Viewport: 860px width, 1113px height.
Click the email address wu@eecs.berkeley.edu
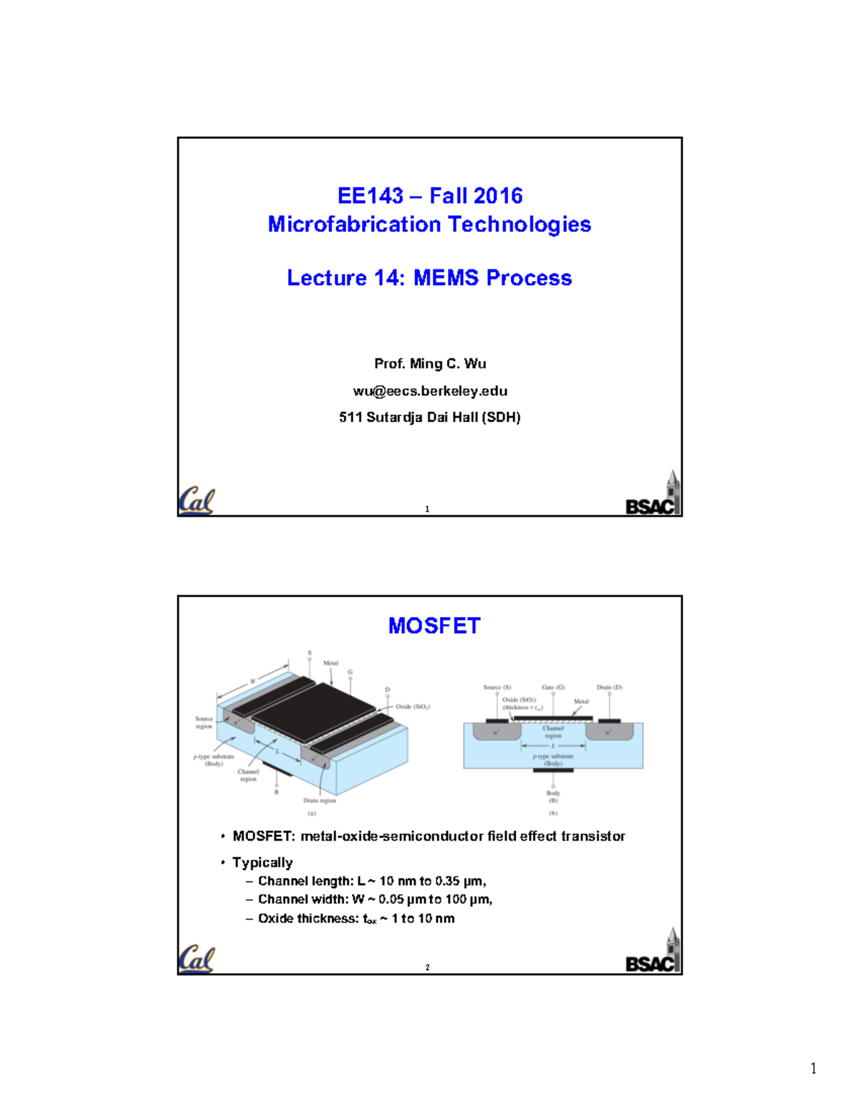click(430, 391)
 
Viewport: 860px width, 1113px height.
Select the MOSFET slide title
click(434, 626)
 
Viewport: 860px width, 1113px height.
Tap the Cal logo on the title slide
click(196, 501)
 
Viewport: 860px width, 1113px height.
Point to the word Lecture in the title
click(327, 278)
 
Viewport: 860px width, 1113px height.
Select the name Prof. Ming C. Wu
click(430, 363)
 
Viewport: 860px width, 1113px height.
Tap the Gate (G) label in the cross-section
click(553, 687)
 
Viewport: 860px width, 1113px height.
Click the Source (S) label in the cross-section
click(497, 687)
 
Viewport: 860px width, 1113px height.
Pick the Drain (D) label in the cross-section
click(609, 687)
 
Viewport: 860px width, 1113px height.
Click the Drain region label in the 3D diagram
click(319, 801)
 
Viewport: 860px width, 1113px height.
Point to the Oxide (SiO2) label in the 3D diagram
click(412, 707)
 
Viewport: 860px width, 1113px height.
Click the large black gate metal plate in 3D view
click(315, 712)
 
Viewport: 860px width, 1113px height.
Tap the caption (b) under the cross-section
click(553, 813)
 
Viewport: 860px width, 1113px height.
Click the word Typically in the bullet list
click(262, 862)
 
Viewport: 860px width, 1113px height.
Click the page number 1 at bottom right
click(813, 1069)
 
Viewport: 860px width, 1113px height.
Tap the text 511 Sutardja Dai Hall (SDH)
click(430, 417)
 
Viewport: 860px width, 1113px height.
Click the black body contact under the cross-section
click(553, 770)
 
